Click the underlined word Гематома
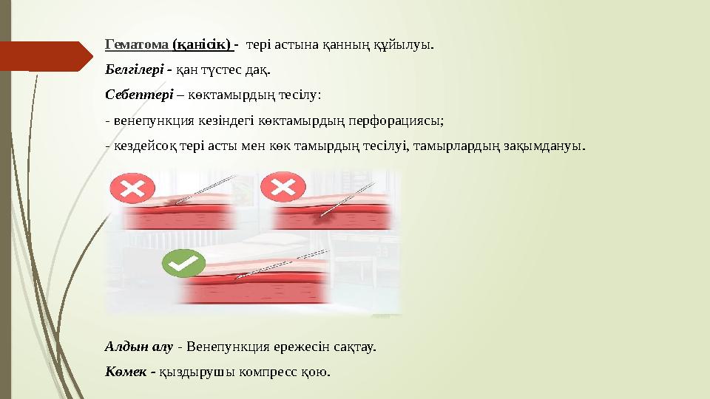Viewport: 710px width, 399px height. tap(138, 44)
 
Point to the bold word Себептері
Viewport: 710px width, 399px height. tap(138, 95)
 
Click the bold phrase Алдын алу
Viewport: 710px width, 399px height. tap(139, 346)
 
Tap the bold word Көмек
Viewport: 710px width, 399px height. tap(126, 371)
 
